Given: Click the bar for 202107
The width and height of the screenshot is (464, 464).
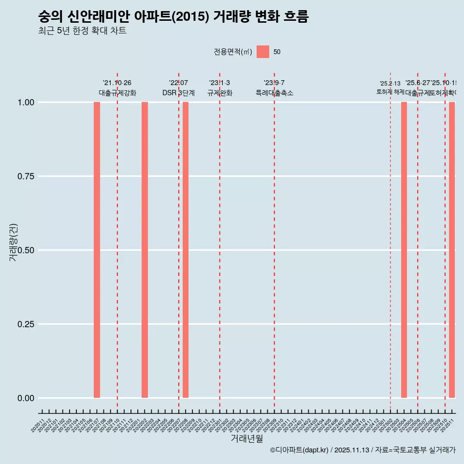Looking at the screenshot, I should pyautogui.click(x=97, y=250).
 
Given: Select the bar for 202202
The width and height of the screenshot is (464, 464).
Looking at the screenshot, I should pyautogui.click(x=145, y=250).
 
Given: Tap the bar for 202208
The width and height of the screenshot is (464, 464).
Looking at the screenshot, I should pyautogui.click(x=186, y=250).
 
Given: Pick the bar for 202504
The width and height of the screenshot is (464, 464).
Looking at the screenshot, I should pyautogui.click(x=404, y=250).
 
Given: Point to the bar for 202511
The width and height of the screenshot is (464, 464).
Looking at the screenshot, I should pyautogui.click(x=452, y=250).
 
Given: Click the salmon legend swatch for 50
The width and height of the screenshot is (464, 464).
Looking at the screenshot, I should pyautogui.click(x=263, y=52).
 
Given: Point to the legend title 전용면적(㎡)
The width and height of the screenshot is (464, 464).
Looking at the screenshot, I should pyautogui.click(x=233, y=52).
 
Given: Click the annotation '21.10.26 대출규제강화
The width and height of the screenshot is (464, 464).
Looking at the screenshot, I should pyautogui.click(x=117, y=88).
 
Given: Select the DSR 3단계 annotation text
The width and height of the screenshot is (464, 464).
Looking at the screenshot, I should pyautogui.click(x=178, y=93).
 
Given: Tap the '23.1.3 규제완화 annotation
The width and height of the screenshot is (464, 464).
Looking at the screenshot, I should pyautogui.click(x=220, y=88).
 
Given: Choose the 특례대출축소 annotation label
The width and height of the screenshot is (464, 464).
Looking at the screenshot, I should pyautogui.click(x=275, y=93).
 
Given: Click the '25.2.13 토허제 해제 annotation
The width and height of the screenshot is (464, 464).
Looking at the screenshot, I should pyautogui.click(x=390, y=87).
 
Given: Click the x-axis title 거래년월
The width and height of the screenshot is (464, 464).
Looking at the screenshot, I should pyautogui.click(x=247, y=439).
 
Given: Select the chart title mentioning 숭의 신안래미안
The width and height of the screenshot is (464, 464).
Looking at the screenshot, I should pyautogui.click(x=173, y=17).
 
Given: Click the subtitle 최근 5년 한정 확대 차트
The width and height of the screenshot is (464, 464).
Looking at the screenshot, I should pyautogui.click(x=82, y=31).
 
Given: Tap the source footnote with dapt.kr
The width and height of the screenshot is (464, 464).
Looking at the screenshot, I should pyautogui.click(x=362, y=450).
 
